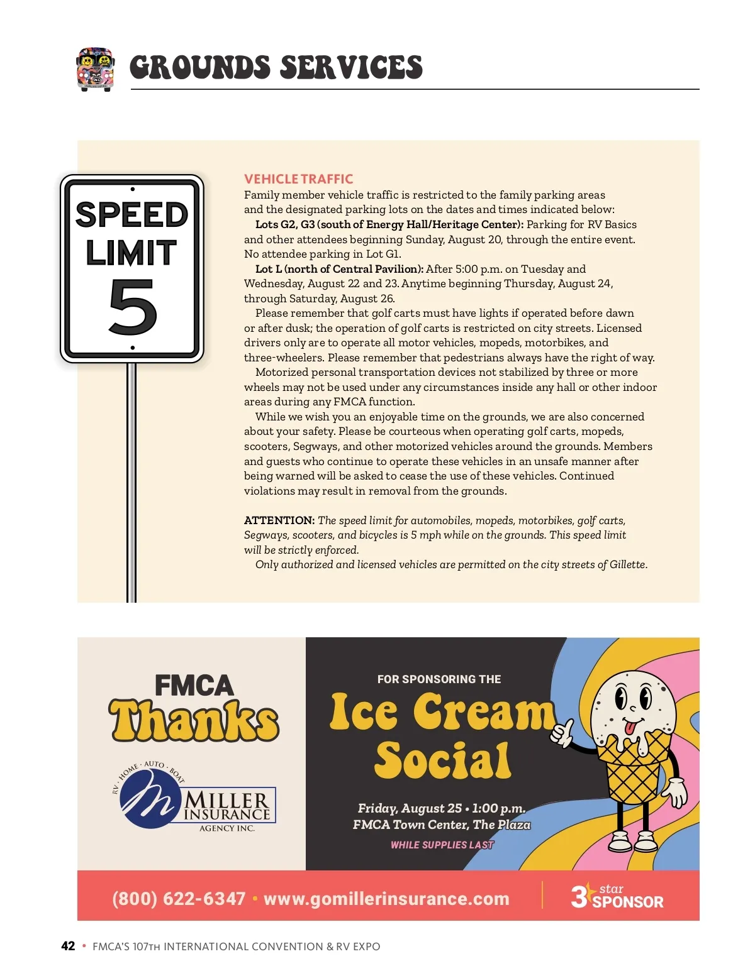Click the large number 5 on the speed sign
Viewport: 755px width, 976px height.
point(132,308)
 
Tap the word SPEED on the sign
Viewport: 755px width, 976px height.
point(132,215)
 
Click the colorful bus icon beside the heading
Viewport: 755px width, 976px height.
point(95,69)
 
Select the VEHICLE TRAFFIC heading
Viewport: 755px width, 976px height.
point(298,179)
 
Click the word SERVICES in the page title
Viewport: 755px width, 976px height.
point(351,68)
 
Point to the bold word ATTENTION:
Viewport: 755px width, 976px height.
point(279,520)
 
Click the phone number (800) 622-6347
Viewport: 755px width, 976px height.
point(179,899)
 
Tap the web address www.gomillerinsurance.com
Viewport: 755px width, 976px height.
point(386,899)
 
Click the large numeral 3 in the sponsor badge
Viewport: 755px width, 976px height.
point(579,897)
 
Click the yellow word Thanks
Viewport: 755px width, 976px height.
point(194,721)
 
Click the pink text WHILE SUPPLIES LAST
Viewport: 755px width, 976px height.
point(442,845)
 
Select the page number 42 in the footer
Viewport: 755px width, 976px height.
point(68,946)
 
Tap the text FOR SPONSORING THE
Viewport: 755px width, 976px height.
point(439,679)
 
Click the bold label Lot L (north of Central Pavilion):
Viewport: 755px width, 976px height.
point(339,269)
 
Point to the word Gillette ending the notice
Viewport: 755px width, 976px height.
point(627,564)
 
